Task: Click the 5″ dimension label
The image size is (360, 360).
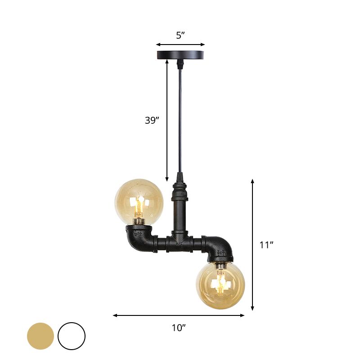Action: (180, 36)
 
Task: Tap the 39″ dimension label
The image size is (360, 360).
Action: (152, 120)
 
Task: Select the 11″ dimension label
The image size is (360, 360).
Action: (267, 245)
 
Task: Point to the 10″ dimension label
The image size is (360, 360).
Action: (179, 328)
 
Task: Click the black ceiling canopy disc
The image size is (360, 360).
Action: (180, 56)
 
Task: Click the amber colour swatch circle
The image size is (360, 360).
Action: (40, 336)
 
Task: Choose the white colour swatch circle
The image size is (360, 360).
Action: (71, 336)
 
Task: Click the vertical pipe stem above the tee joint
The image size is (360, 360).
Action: (180, 211)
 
